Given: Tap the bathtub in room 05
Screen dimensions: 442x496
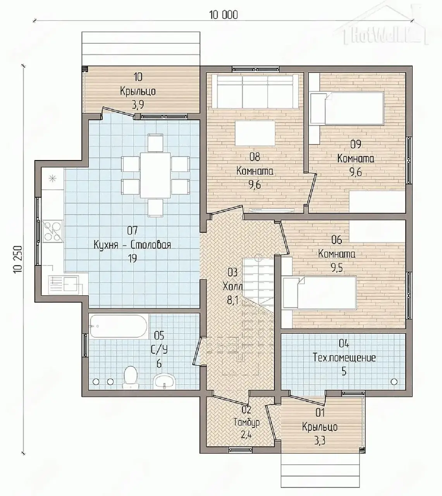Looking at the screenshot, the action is pos(119,326).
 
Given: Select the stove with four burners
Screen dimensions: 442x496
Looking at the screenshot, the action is pos(53,231).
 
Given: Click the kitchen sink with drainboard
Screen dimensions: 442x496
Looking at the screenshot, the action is pos(64,285).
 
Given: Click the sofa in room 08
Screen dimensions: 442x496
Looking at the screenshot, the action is pos(255,91).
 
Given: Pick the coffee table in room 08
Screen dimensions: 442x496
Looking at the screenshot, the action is pos(255,133).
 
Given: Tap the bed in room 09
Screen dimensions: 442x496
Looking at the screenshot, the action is pos(347,108).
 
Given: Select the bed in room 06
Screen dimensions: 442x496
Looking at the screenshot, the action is pos(319,292).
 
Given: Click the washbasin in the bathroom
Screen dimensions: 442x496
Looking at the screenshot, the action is pos(165,381).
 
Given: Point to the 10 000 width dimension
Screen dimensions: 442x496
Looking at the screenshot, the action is pos(224,15).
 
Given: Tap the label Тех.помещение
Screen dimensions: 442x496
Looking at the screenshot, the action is pos(344,358).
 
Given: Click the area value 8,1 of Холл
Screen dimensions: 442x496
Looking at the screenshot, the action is pos(232,300).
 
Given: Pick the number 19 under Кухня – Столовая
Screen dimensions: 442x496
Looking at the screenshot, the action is pos(132,258).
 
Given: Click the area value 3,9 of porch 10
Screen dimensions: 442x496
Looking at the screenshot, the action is pos(138,105).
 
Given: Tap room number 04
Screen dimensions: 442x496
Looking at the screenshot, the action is pos(344,344).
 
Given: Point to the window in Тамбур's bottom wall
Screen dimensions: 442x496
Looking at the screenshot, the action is pos(240,449).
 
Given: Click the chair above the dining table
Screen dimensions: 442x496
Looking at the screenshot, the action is pos(155,143).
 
